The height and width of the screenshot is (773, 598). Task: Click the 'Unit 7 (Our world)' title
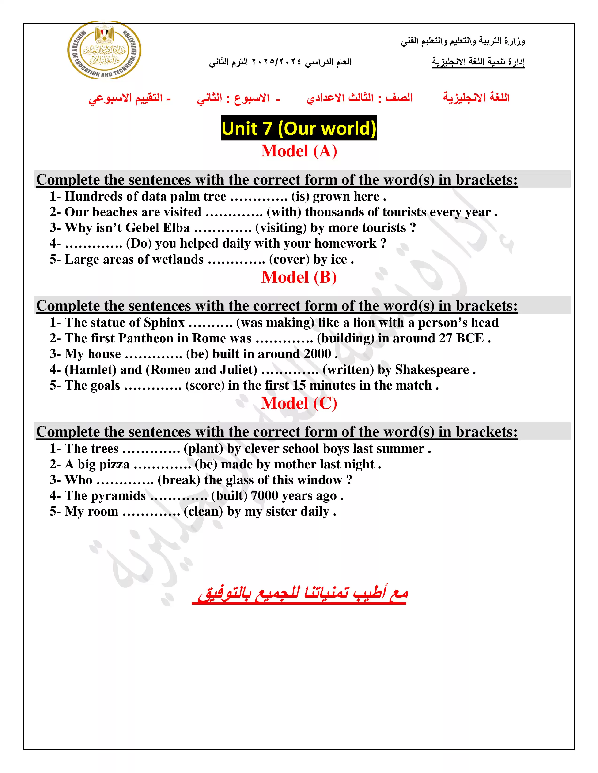pyautogui.click(x=299, y=128)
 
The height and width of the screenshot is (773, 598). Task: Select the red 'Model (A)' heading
pyautogui.click(x=299, y=151)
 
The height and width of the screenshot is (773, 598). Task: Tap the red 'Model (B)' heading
pyautogui.click(x=299, y=277)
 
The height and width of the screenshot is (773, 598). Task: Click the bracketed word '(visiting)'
pyautogui.click(x=280, y=228)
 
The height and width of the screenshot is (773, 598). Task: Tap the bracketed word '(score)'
pyautogui.click(x=205, y=385)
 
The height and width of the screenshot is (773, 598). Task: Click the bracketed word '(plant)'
pyautogui.click(x=203, y=449)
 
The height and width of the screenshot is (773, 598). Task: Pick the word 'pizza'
pyautogui.click(x=113, y=464)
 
